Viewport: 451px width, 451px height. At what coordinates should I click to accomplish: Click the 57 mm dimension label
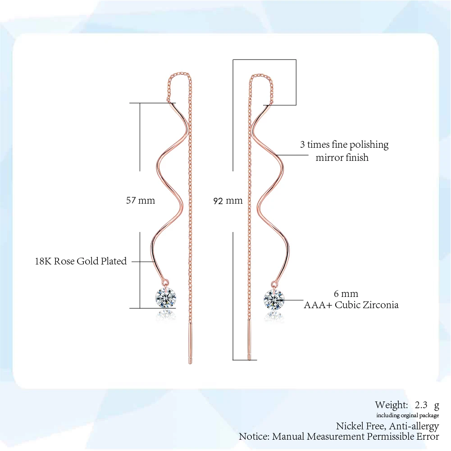pos(141,200)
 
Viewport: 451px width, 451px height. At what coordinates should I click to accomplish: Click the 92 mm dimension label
pos(228,201)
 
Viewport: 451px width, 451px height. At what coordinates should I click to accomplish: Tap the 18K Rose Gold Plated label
pos(81,261)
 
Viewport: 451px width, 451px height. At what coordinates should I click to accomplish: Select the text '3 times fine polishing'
pos(344,145)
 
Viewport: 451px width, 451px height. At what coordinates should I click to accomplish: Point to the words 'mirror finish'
pos(342,158)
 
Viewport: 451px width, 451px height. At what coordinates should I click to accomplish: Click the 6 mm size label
pos(346,294)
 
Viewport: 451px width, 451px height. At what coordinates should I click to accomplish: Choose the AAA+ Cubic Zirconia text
pos(351,305)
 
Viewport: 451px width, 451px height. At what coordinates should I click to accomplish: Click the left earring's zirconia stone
pos(166,298)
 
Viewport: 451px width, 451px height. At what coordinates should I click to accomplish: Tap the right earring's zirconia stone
pos(274,300)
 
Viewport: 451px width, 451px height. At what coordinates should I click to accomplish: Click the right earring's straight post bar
pos(249,339)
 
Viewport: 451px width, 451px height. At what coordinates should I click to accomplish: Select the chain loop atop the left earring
pos(179,75)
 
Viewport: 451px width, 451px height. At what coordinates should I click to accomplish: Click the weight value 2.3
pos(421,405)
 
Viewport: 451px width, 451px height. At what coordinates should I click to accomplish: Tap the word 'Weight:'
pos(392,405)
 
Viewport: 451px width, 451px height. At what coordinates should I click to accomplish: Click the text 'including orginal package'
pos(408,415)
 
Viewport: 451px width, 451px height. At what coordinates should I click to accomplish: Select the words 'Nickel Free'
pos(360,426)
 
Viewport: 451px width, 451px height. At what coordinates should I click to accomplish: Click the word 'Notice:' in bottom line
pos(254,437)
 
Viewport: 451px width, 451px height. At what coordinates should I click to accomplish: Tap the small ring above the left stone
pos(166,282)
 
